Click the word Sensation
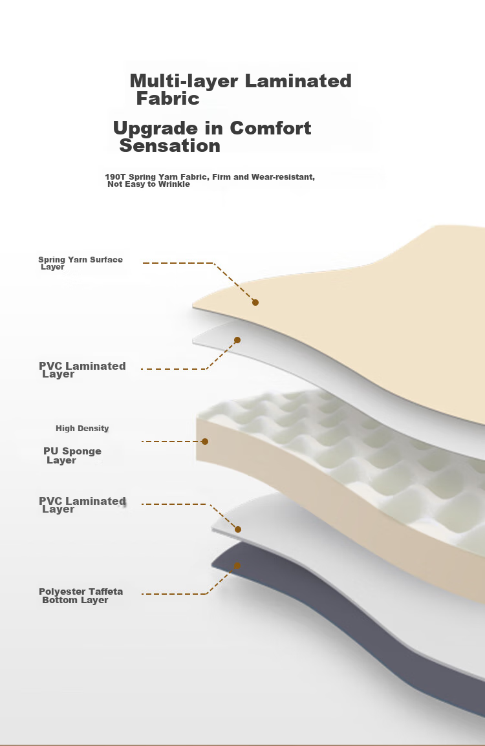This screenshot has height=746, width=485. pyautogui.click(x=169, y=146)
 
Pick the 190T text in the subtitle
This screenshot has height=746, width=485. pyautogui.click(x=115, y=177)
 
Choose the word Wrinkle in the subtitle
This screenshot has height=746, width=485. pyautogui.click(x=175, y=184)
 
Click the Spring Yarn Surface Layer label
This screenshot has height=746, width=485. pyautogui.click(x=80, y=263)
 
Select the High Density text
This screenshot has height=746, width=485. pyautogui.click(x=82, y=429)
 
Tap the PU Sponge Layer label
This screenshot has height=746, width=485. pyautogui.click(x=72, y=456)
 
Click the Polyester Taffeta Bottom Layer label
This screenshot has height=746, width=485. pyautogui.click(x=80, y=595)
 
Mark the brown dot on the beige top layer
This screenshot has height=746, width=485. pyautogui.click(x=255, y=303)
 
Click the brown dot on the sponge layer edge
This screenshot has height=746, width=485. pyautogui.click(x=205, y=442)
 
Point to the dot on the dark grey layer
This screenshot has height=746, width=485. pyautogui.click(x=237, y=566)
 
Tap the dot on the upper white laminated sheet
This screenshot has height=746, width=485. pyautogui.click(x=237, y=340)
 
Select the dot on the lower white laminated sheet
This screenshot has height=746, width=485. pyautogui.click(x=238, y=529)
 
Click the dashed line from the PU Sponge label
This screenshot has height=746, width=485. pyautogui.click(x=171, y=442)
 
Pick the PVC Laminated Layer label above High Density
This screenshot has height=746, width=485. pyautogui.click(x=82, y=370)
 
